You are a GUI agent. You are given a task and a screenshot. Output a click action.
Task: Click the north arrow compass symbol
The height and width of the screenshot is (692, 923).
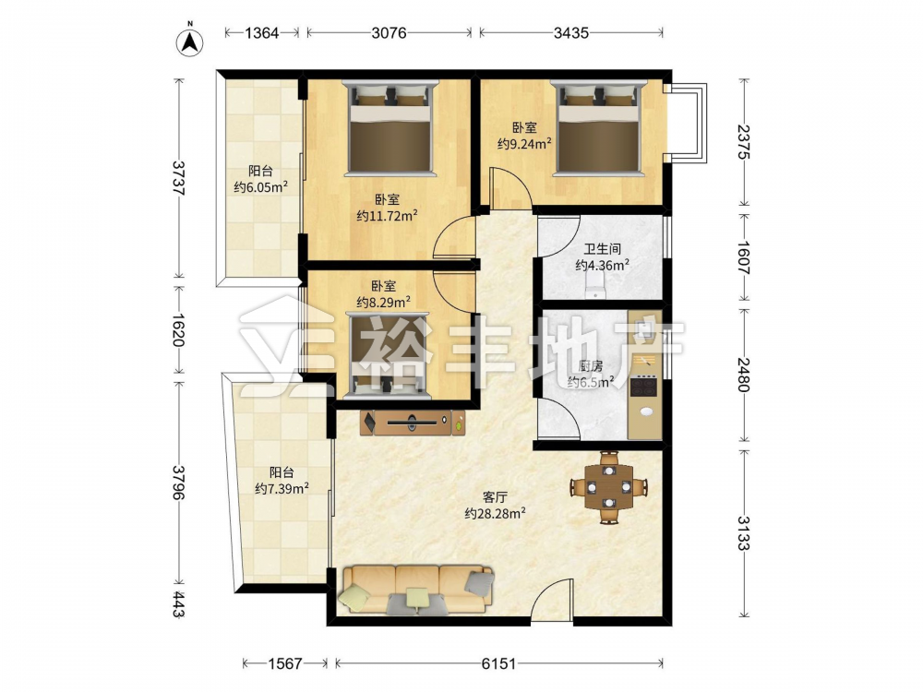tap(189, 42)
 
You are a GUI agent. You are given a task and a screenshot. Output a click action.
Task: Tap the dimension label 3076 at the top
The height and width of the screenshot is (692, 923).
tap(390, 33)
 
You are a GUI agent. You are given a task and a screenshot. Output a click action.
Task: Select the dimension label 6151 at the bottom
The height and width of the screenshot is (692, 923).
tap(498, 663)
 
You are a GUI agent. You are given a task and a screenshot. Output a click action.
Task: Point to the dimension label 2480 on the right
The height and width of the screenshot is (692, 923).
tap(743, 375)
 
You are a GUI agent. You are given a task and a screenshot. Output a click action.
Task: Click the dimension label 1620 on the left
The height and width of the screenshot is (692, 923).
tap(179, 329)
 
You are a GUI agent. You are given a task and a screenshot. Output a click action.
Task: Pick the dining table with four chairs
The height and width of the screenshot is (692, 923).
tap(609, 487)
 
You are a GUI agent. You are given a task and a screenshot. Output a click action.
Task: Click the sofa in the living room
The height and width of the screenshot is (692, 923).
tap(415, 589)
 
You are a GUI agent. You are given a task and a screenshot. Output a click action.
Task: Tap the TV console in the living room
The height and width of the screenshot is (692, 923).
tap(413, 423)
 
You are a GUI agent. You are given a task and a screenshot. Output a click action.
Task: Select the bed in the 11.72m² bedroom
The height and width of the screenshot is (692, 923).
tap(390, 127)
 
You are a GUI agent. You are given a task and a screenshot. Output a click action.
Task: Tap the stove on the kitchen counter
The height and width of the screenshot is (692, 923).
tap(643, 387)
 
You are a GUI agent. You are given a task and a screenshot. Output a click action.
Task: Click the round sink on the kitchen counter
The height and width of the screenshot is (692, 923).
tap(646, 412)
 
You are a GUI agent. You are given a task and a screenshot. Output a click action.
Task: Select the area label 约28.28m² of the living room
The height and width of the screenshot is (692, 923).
tap(495, 514)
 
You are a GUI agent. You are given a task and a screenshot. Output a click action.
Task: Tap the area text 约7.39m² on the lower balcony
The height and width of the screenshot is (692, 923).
tap(282, 488)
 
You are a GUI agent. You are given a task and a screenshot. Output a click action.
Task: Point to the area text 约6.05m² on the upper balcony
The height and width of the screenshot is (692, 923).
tap(261, 187)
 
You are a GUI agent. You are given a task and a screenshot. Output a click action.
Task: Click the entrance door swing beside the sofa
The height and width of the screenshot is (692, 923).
tap(552, 598)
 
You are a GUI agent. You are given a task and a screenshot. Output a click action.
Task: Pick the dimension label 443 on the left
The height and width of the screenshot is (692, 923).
tap(179, 605)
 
